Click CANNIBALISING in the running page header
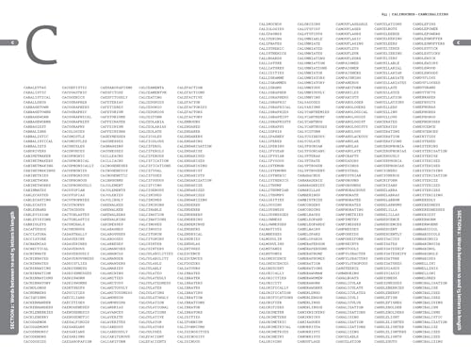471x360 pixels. [433, 9]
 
